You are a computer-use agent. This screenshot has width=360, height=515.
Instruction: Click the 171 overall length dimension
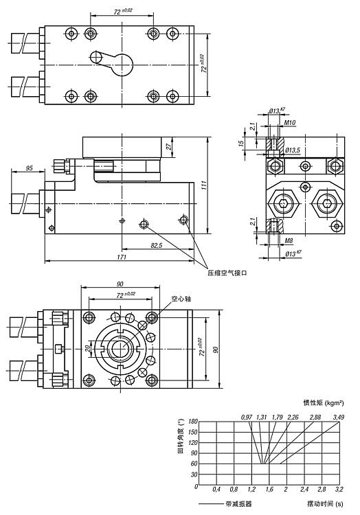(122, 257)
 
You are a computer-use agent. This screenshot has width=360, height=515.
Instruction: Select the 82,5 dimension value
(157, 245)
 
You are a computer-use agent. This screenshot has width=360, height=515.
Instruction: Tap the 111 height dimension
(204, 185)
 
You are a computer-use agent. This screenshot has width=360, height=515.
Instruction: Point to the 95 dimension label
(30, 168)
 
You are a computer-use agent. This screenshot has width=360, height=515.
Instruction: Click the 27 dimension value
(169, 146)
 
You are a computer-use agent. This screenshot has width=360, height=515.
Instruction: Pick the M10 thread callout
(290, 122)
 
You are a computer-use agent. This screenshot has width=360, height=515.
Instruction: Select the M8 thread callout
(289, 241)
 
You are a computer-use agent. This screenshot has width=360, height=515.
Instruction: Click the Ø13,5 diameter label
(293, 150)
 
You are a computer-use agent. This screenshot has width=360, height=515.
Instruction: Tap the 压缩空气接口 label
(227, 273)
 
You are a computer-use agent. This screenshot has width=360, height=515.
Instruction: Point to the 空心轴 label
(181, 299)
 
